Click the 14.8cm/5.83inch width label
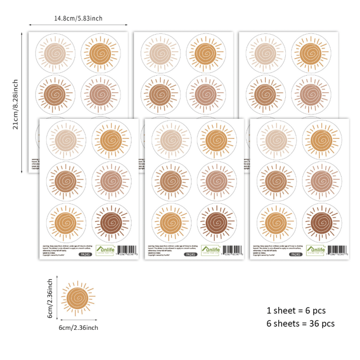point(78,18)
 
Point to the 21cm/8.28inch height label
point(15,104)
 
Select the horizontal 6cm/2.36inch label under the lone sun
point(78,328)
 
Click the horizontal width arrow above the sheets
point(78,26)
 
